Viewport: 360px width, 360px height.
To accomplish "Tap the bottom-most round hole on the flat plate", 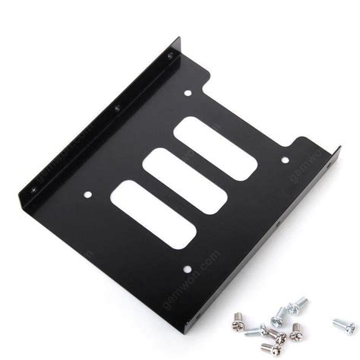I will click(185, 267).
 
